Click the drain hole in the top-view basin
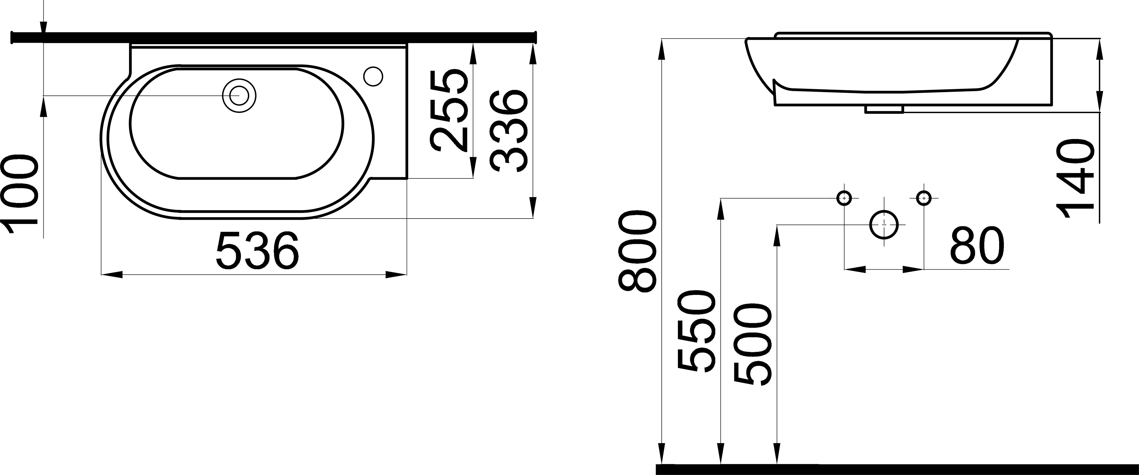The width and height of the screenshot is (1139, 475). tap(239, 95)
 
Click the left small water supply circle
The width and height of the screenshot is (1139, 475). tap(844, 198)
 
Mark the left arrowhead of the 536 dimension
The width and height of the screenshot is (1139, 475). tap(111, 275)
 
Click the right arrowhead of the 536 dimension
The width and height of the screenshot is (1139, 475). tap(396, 275)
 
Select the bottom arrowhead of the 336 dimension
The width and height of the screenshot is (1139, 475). tap(533, 208)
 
